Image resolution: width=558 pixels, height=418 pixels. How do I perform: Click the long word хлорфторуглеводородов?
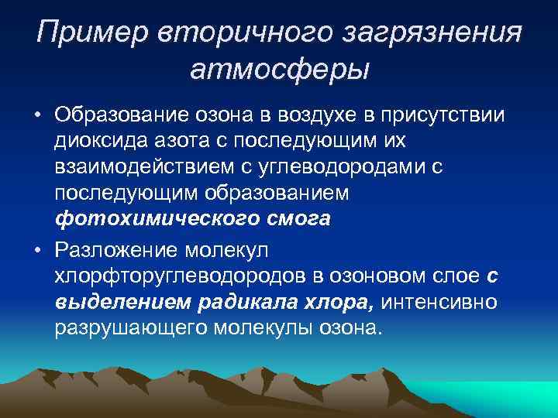(177, 276)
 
